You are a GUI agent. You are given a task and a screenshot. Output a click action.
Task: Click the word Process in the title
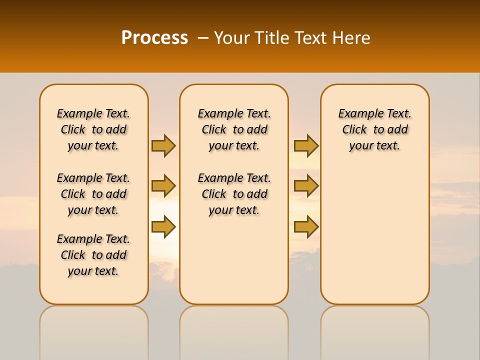pos(154,37)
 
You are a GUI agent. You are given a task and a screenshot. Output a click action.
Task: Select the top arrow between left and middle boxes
pos(163,145)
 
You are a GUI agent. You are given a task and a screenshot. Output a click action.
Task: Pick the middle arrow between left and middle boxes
pos(163,186)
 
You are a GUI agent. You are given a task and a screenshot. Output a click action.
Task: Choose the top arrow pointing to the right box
pos(306,145)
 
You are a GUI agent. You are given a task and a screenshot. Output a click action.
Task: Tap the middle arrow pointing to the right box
pos(306,186)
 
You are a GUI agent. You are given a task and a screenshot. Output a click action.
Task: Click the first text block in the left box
pos(93,129)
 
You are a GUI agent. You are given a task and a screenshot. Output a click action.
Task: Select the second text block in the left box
pos(93,194)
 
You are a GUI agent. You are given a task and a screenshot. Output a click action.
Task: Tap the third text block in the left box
pos(93,255)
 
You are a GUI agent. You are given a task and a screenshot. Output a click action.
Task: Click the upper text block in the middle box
pos(234,129)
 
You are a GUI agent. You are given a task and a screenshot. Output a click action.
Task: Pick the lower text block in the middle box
pos(234,194)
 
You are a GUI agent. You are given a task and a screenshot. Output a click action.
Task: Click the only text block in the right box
pos(374,129)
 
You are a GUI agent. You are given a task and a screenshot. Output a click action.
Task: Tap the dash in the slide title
pos(202,38)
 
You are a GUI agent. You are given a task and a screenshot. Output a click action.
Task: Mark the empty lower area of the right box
pos(374,230)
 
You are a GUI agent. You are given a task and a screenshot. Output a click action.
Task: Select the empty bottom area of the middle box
pos(234,260)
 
